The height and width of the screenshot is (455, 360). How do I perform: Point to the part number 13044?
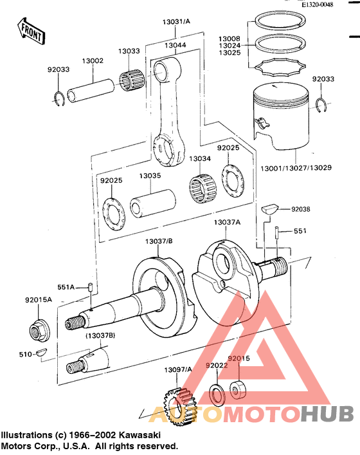point(175,46)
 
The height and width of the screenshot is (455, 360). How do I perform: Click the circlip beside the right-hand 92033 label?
point(322,105)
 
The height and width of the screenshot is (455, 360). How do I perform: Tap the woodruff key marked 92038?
point(269,209)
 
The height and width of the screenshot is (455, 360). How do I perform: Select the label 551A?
point(67,286)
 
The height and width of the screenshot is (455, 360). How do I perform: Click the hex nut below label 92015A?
point(38,331)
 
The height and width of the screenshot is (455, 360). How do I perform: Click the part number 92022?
point(216,366)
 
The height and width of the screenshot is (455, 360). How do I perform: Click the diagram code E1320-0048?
point(318,5)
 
